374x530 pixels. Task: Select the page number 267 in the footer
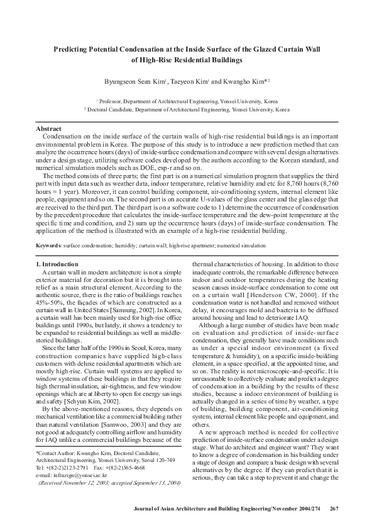coord(334,509)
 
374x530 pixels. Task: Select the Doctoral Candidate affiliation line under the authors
coord(187,109)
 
